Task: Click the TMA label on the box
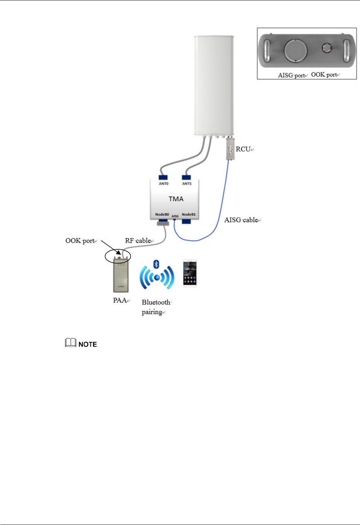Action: [x=176, y=199]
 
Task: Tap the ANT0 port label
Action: [x=164, y=184]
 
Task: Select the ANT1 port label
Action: [x=187, y=184]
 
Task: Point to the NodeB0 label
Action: [x=162, y=214]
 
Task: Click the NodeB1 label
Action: [x=189, y=214]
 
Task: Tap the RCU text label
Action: [x=243, y=149]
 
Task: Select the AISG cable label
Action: [x=241, y=220]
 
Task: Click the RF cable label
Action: [x=138, y=241]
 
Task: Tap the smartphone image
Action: [x=190, y=273]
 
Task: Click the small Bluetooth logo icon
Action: [x=156, y=264]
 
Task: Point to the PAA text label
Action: [x=120, y=300]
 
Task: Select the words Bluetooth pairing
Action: [x=155, y=307]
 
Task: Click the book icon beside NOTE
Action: [x=71, y=343]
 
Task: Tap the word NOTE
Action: [x=88, y=344]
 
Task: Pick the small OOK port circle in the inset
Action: [x=327, y=48]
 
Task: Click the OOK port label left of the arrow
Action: [x=80, y=241]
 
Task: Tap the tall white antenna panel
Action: [x=214, y=85]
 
